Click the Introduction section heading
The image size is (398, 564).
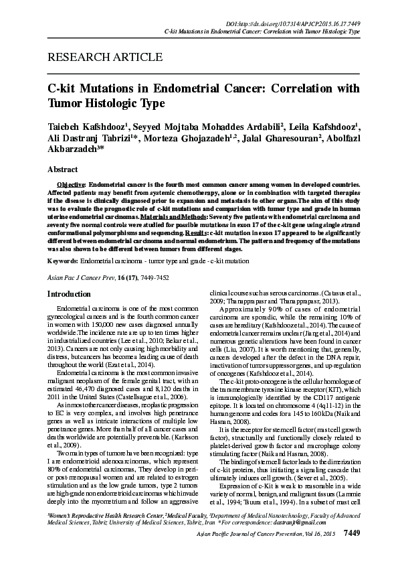(x=69, y=293)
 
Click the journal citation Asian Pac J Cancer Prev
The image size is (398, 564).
(x=81, y=276)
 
